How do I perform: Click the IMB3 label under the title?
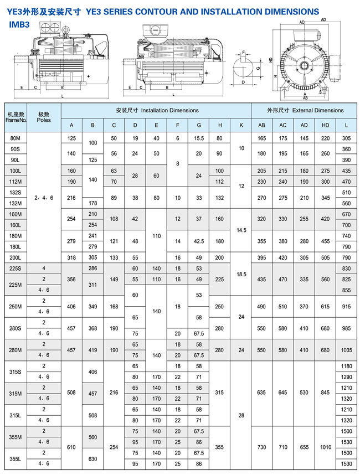coord(19,24)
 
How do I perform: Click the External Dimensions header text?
coord(305,110)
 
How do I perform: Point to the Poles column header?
coord(44,116)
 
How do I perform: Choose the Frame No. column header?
coord(16,116)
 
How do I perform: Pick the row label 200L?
coord(16,257)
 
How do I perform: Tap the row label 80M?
coord(16,138)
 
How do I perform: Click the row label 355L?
coord(16,458)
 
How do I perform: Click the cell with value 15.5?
coord(199,138)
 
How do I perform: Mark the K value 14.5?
coord(241,229)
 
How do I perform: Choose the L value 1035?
coord(346,350)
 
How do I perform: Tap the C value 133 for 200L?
coord(114,257)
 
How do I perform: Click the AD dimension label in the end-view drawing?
coord(323,19)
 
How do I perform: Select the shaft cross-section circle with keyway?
coord(243,69)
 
